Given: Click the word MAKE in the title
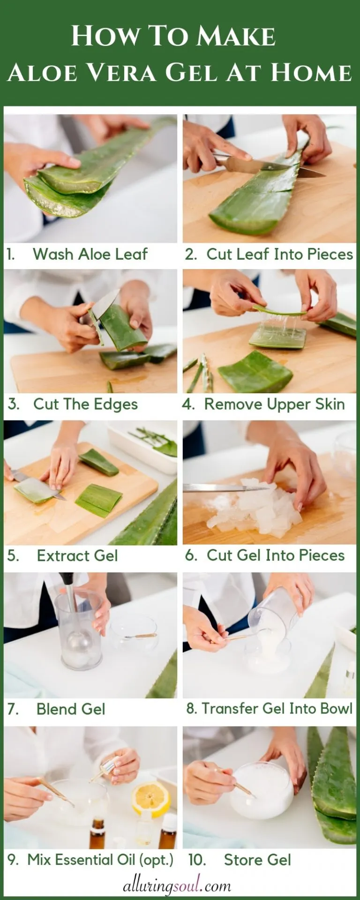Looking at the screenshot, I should (236, 37).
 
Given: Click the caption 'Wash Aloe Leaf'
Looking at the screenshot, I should (90, 255).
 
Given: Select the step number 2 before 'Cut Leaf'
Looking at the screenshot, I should (190, 255).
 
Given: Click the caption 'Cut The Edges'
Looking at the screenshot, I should (85, 405).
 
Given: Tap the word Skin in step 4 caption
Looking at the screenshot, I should (326, 405).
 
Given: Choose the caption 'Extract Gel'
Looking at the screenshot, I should (77, 556).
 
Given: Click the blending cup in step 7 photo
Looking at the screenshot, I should (78, 633).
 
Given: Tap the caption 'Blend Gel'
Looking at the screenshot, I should (71, 709).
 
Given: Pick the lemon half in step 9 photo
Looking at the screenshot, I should (151, 799).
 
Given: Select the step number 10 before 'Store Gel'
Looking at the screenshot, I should (197, 860).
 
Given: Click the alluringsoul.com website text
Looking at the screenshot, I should (177, 886).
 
